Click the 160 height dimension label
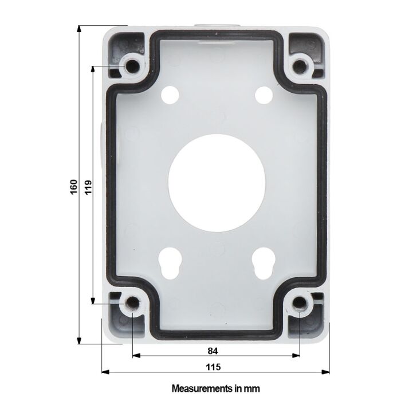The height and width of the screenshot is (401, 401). click(x=73, y=186)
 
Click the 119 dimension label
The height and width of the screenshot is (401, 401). click(x=88, y=186)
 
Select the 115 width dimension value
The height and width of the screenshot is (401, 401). click(x=215, y=367)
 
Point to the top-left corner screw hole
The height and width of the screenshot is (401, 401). click(x=132, y=66)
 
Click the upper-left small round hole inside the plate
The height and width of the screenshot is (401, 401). click(x=170, y=93)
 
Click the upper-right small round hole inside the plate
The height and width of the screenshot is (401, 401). click(x=263, y=93)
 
